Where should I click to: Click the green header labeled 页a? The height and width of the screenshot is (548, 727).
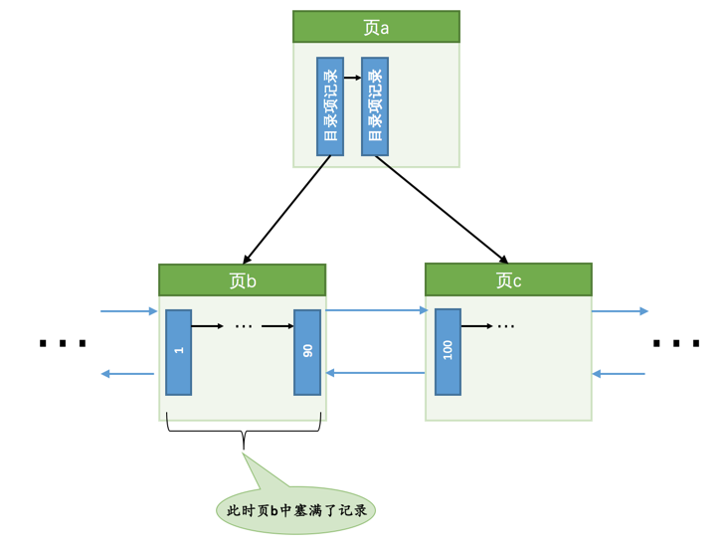point(376,28)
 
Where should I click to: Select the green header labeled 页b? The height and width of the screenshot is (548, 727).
point(242,280)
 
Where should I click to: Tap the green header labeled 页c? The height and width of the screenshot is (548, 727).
point(508,280)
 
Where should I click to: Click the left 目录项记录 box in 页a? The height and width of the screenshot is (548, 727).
point(330,106)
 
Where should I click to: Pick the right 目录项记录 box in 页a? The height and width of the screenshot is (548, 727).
point(375,106)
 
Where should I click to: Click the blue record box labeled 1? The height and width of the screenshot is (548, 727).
point(179,352)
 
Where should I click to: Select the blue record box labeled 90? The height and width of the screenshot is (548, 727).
point(307,352)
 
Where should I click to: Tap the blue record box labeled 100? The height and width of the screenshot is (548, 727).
point(448,351)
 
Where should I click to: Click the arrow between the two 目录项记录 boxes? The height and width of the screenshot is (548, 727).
point(352,77)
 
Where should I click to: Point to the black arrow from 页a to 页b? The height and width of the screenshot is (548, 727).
point(286,209)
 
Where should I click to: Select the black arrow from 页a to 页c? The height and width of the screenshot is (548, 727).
point(442,209)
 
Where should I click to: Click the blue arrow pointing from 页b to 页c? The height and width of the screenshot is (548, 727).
point(376,310)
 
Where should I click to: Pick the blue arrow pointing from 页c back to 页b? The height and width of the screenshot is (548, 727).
point(376,374)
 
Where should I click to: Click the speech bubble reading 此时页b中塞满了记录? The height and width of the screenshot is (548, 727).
point(295,508)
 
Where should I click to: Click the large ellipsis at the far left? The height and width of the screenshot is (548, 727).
point(63,343)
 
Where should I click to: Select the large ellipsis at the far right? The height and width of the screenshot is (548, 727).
point(675,343)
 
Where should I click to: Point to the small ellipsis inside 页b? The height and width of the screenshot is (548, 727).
point(245,326)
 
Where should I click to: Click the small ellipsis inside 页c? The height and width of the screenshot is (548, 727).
point(505,326)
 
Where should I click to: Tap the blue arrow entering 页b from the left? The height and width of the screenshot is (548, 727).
point(129,311)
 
